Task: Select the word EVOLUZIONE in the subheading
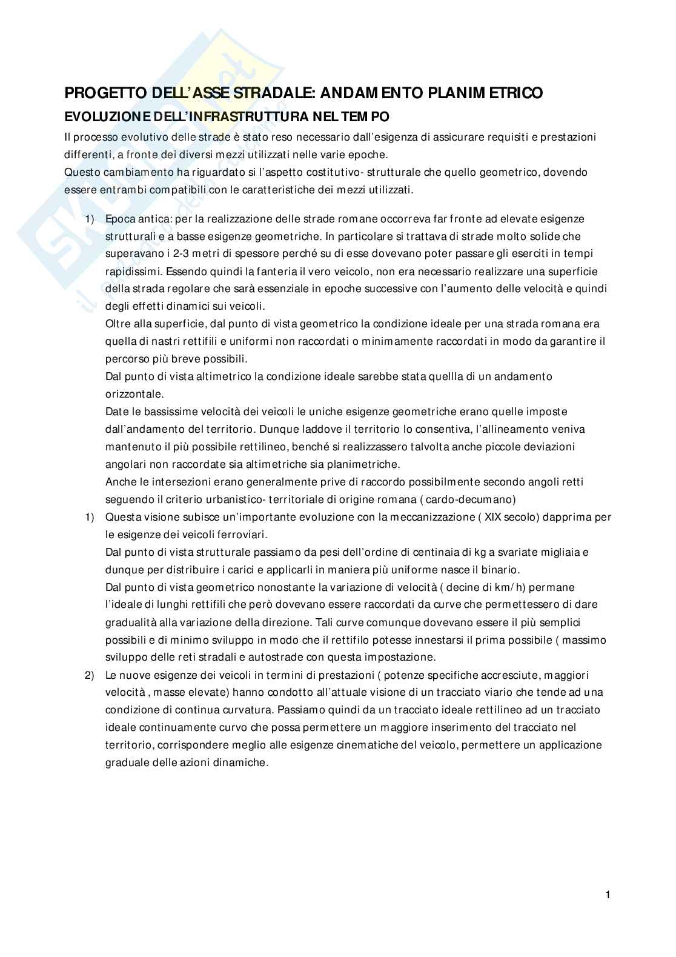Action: tap(101, 116)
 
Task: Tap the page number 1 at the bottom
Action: tap(608, 894)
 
